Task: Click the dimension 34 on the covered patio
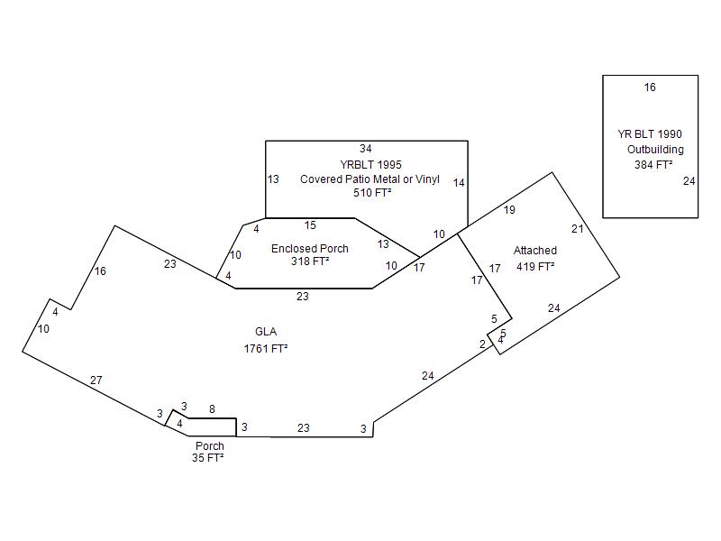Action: click(x=365, y=149)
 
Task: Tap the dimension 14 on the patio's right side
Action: click(x=459, y=183)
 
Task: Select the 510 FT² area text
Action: click(x=370, y=193)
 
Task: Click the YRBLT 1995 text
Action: click(x=370, y=165)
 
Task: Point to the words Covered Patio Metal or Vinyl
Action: click(x=370, y=179)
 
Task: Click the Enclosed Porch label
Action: click(x=309, y=249)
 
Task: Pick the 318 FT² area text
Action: click(x=309, y=262)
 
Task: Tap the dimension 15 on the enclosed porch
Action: click(x=310, y=225)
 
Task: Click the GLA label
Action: click(x=266, y=333)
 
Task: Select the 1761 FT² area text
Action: click(x=266, y=348)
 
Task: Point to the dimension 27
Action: click(x=96, y=381)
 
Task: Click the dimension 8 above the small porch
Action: click(x=212, y=408)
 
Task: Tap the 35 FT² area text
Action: click(x=207, y=458)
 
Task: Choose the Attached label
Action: click(x=535, y=251)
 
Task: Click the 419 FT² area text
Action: click(x=535, y=266)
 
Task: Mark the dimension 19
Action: click(x=509, y=210)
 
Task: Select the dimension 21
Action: click(x=578, y=229)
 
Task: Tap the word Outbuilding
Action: click(x=655, y=150)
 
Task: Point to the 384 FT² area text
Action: click(x=653, y=165)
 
